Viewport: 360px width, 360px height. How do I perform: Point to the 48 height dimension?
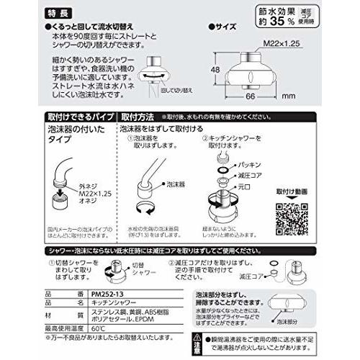219,70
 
